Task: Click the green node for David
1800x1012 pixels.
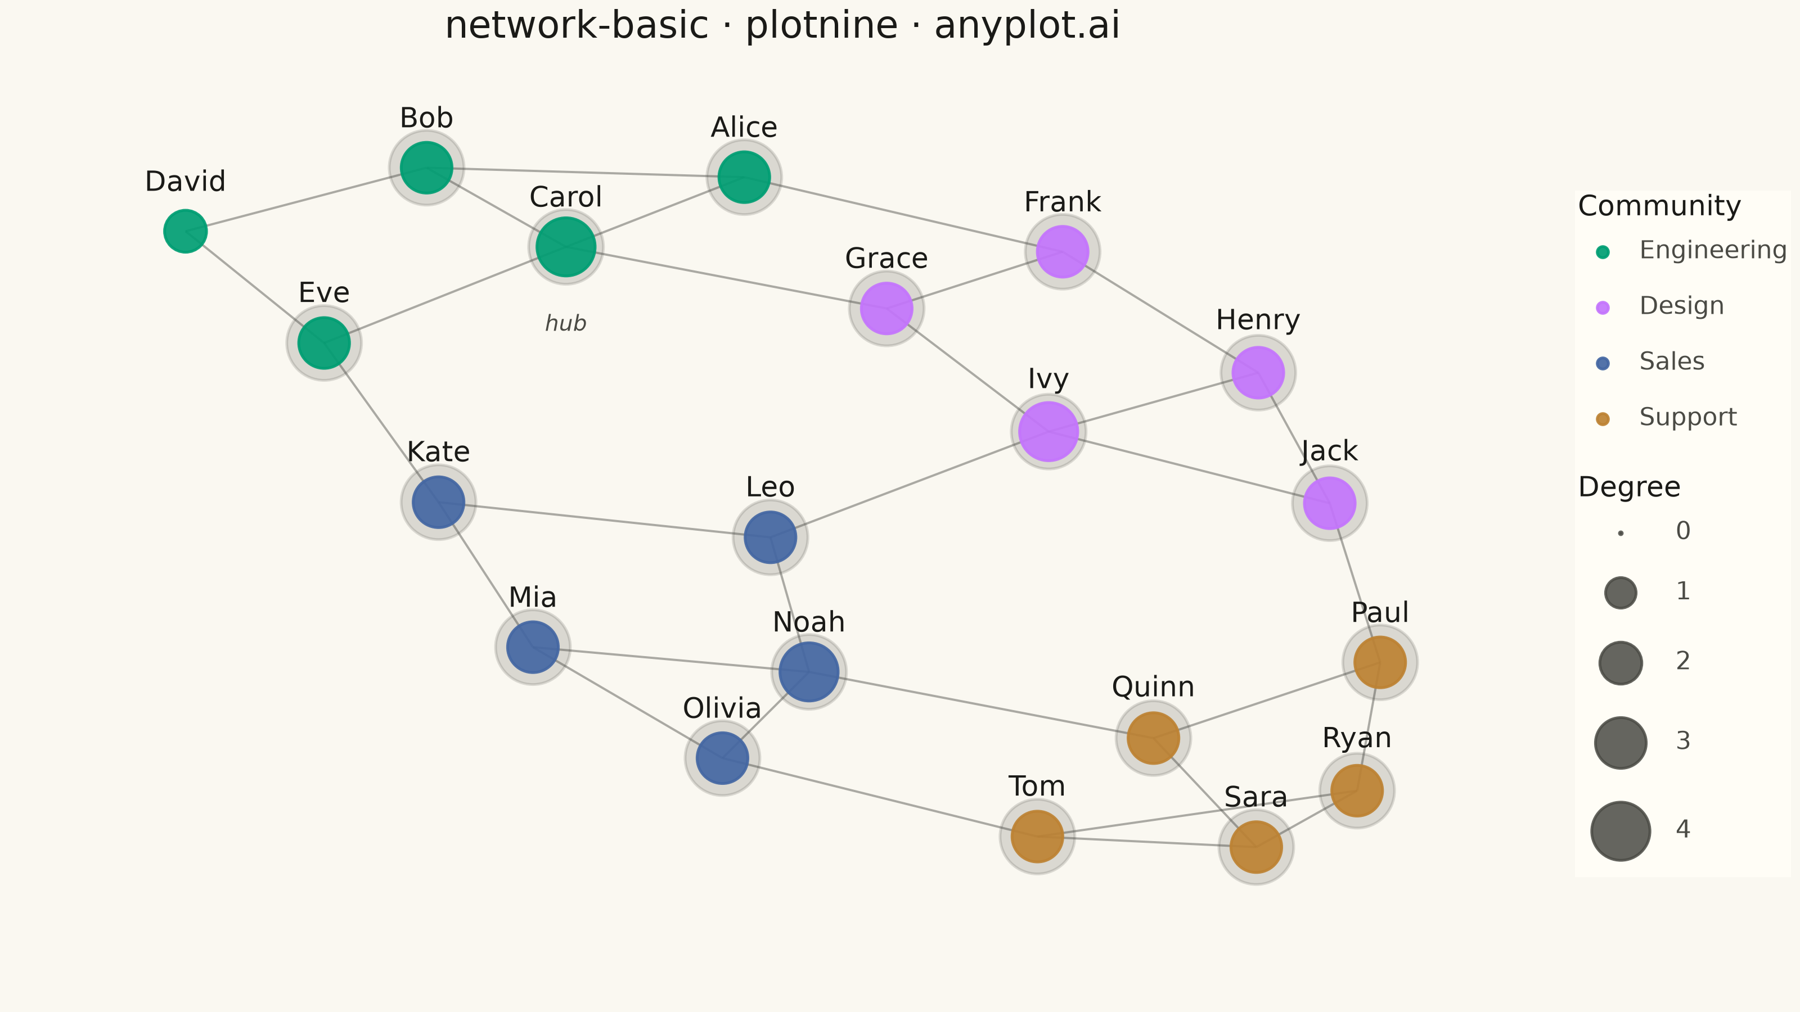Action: coord(185,231)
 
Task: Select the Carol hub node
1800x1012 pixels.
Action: coord(566,247)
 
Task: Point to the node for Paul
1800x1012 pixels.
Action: coord(1380,662)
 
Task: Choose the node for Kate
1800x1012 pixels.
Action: coord(439,502)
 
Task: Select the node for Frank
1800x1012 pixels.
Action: coord(1063,251)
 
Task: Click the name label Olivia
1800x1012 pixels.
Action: coord(722,708)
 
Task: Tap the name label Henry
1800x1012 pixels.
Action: coord(1258,320)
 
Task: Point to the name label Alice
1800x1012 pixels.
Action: coord(744,127)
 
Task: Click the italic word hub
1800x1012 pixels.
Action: coord(566,323)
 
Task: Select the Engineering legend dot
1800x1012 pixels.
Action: coord(1603,252)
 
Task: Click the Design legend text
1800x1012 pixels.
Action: coord(1682,305)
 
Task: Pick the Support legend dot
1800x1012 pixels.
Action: coord(1603,419)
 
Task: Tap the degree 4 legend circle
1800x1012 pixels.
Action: coord(1621,831)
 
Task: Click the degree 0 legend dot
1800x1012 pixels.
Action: coord(1621,534)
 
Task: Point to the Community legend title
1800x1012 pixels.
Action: coord(1659,206)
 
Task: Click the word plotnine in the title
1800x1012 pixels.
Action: coord(822,26)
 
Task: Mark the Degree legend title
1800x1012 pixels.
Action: coord(1630,487)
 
